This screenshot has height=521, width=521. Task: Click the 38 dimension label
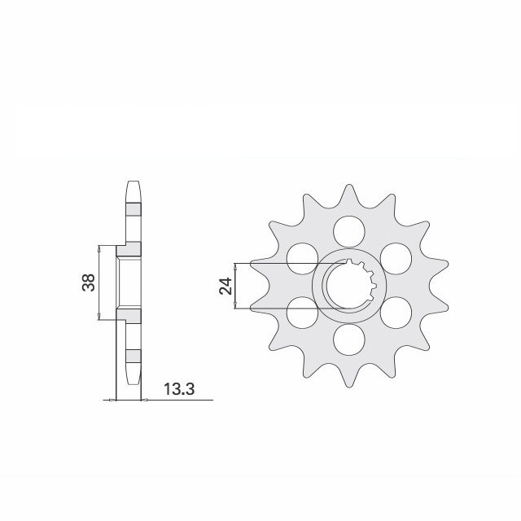(88, 282)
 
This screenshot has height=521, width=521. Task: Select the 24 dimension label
(225, 286)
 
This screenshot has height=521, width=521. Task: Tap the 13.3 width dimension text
(179, 390)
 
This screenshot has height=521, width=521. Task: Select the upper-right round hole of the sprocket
(394, 258)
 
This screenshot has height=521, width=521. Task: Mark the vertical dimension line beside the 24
(235, 286)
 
